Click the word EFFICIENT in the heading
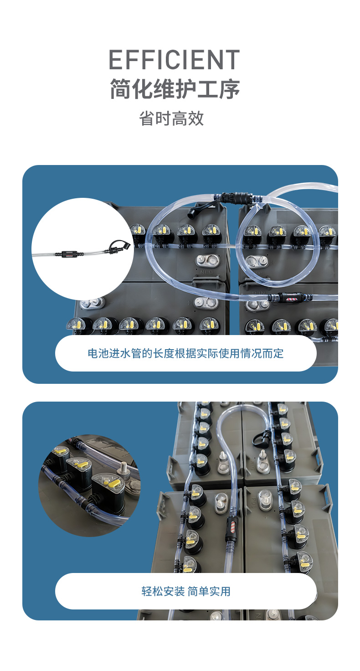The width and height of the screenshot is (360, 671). click(x=175, y=60)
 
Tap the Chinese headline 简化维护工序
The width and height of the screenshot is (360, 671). click(x=175, y=89)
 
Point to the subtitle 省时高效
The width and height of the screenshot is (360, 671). click(x=172, y=119)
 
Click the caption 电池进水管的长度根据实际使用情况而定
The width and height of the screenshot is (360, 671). click(x=185, y=353)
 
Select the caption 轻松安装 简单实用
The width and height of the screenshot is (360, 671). click(x=186, y=592)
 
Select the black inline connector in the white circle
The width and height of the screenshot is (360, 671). click(x=69, y=254)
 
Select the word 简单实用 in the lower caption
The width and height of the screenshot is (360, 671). click(x=209, y=592)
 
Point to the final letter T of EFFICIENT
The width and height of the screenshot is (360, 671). click(x=232, y=60)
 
